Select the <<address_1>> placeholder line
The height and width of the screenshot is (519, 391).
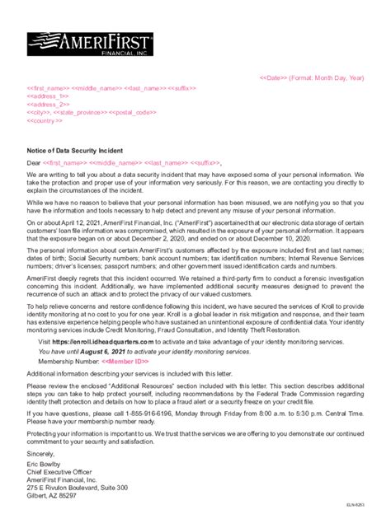tap(49, 95)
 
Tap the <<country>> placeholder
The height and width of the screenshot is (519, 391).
tap(45, 120)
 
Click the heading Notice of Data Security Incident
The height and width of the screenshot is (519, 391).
tap(76, 150)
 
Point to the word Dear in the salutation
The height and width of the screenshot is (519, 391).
tap(34, 162)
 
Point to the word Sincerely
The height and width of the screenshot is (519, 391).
tap(42, 453)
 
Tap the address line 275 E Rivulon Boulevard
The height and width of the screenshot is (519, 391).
tap(78, 488)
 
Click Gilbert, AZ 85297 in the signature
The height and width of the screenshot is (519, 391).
tap(51, 496)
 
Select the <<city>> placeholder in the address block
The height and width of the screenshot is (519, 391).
tap(38, 112)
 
